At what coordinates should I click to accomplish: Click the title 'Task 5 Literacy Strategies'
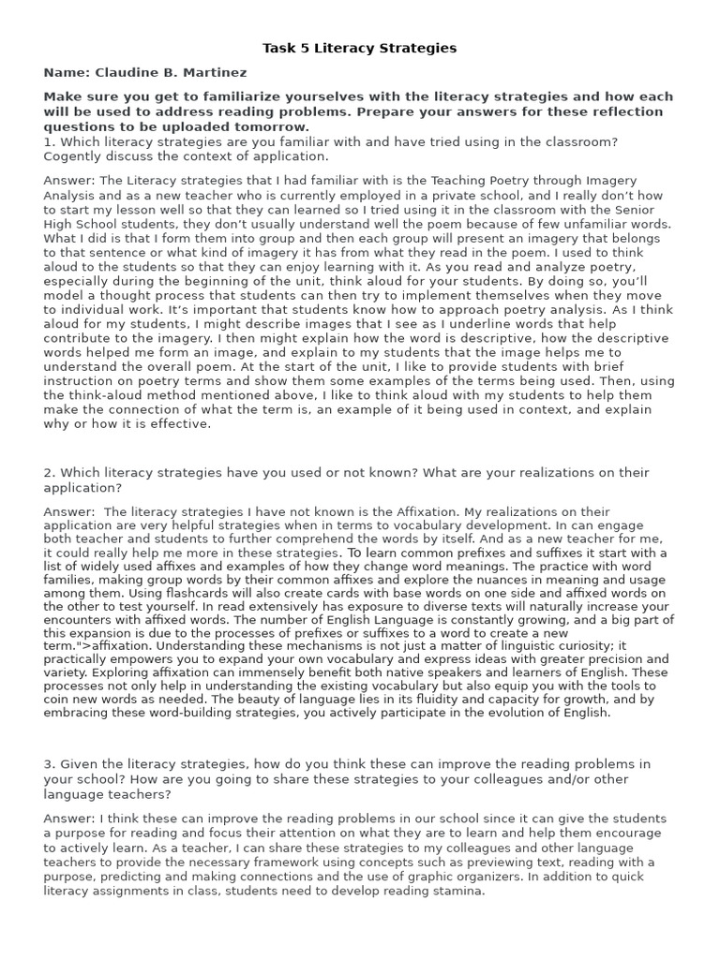pyautogui.click(x=360, y=48)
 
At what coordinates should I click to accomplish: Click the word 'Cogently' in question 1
pyautogui.click(x=71, y=156)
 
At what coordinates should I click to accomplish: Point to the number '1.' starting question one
pyautogui.click(x=49, y=141)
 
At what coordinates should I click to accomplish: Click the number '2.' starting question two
pyautogui.click(x=49, y=473)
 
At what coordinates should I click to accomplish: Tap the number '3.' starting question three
pyautogui.click(x=49, y=764)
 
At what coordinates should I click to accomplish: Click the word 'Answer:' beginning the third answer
pyautogui.click(x=67, y=819)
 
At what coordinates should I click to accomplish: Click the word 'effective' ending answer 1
pyautogui.click(x=182, y=423)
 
